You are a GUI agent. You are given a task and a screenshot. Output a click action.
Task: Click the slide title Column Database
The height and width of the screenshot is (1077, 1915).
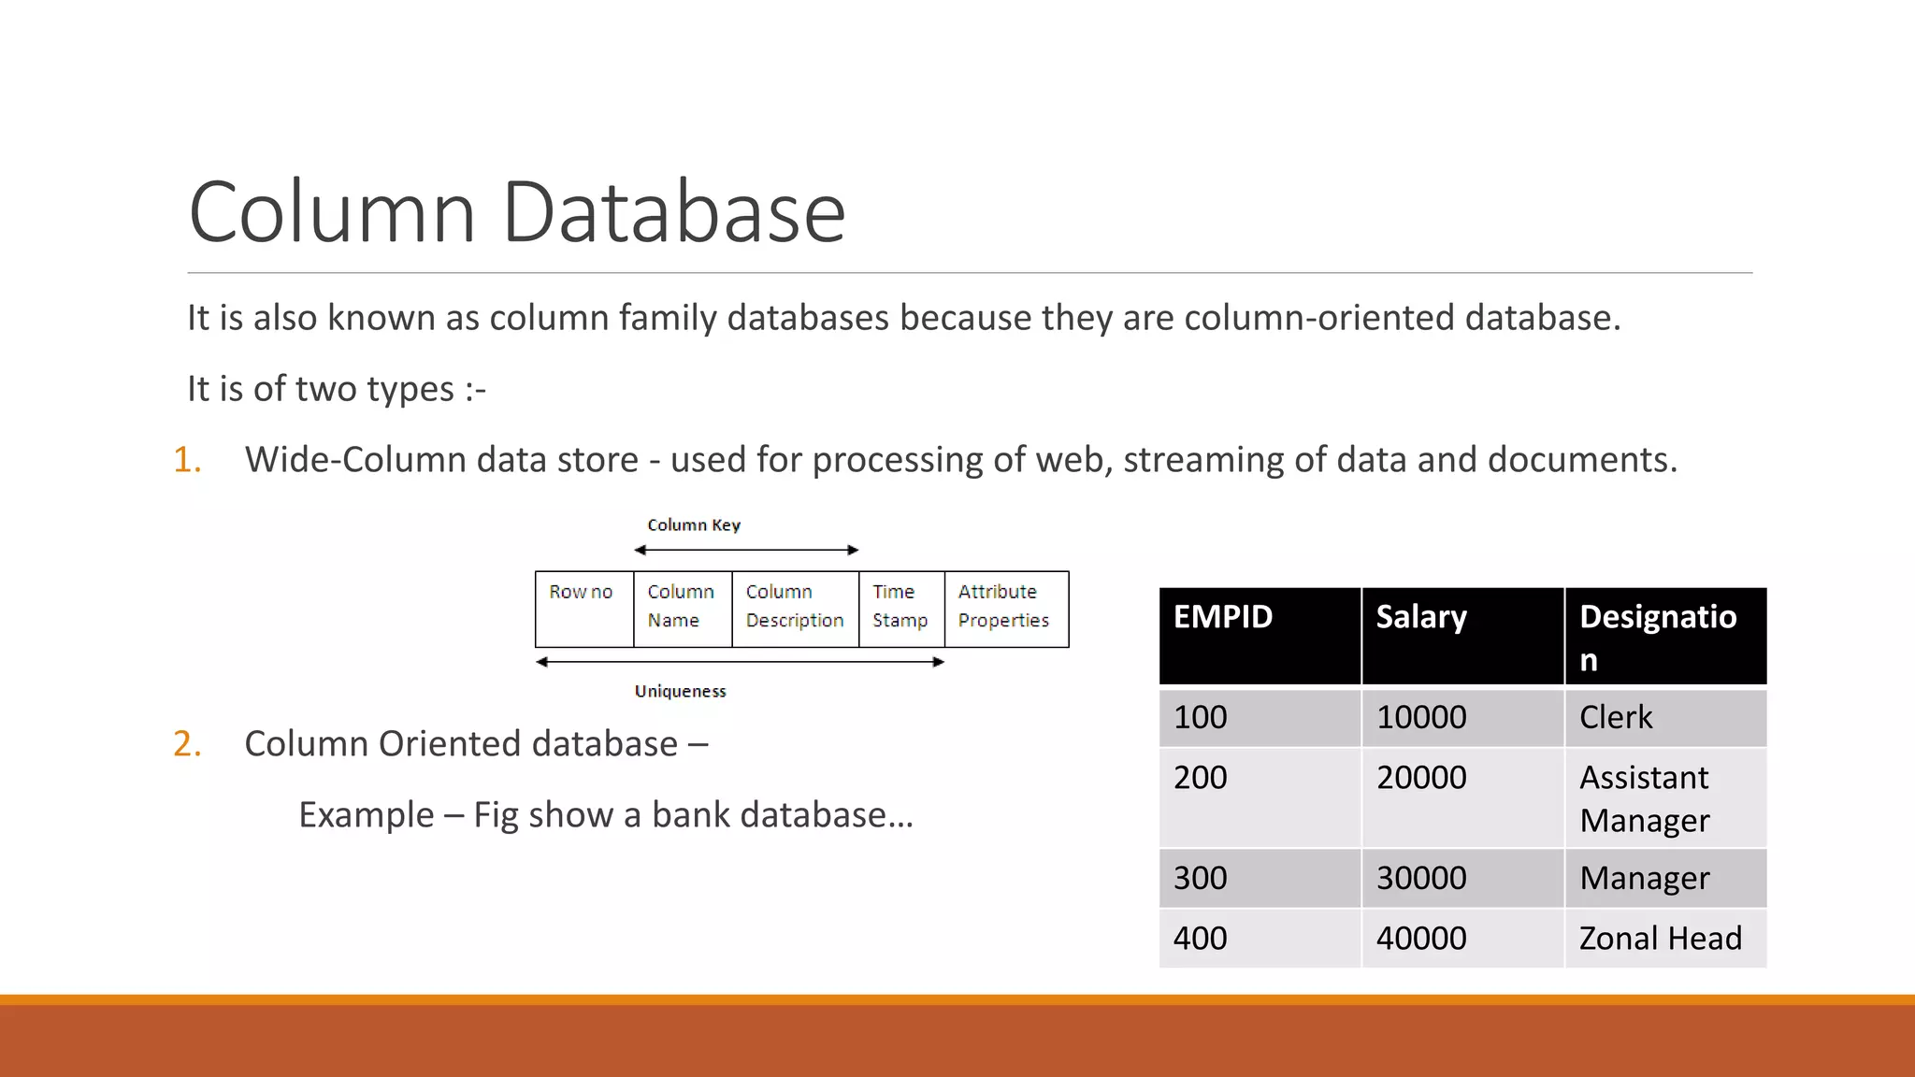[516, 212]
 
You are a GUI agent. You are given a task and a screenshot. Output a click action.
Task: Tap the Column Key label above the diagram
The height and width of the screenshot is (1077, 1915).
[694, 525]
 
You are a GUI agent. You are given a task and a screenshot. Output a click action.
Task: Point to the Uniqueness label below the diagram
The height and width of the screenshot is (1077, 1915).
[680, 692]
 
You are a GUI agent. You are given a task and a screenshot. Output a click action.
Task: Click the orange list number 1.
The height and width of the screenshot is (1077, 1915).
[186, 460]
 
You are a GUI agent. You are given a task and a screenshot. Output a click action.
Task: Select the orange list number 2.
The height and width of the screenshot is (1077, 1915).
[187, 744]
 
